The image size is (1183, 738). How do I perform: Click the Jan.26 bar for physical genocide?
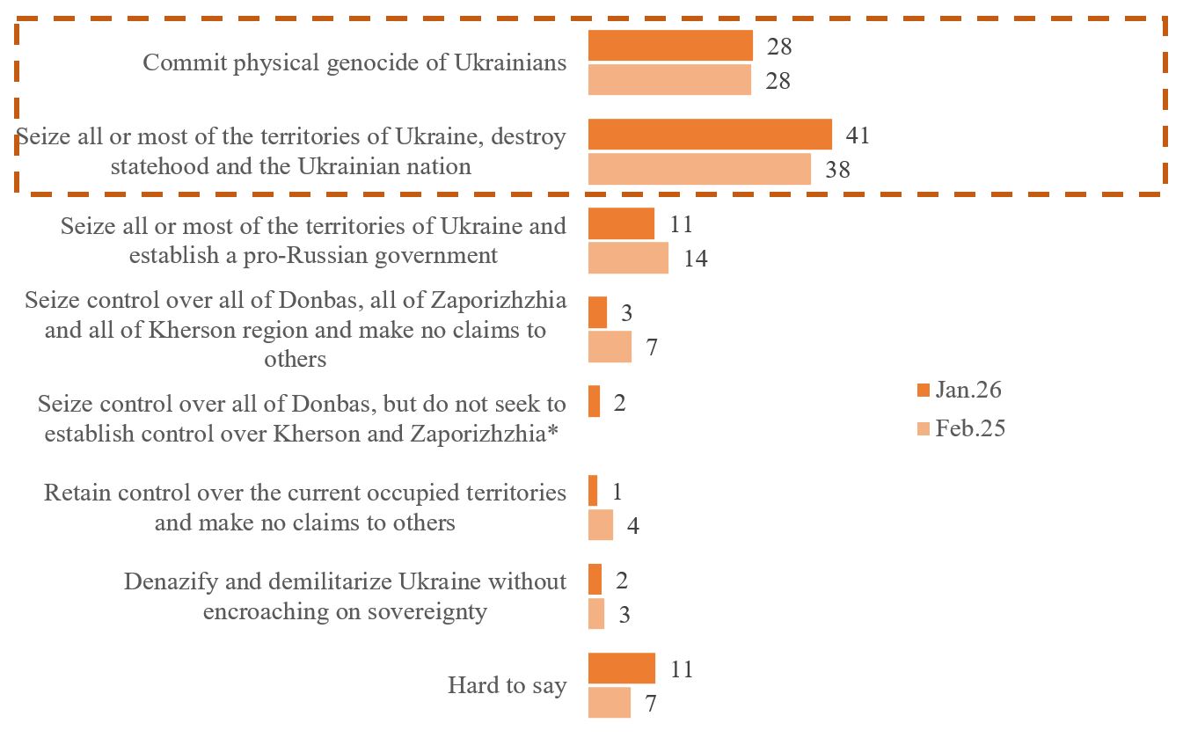670,46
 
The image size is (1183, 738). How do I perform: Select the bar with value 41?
710,135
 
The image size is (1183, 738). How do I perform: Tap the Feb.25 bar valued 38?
699,169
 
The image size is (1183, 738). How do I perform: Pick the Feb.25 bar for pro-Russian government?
628,259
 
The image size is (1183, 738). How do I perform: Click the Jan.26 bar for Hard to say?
621,669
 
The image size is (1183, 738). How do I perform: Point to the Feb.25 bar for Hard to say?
609,703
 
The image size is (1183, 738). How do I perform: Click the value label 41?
858,135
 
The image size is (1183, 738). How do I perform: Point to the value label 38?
837,170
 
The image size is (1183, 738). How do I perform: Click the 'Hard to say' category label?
507,686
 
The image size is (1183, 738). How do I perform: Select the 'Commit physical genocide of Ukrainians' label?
354,63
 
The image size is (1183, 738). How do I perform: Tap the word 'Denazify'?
169,581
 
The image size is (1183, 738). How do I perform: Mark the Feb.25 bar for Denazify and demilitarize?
596,614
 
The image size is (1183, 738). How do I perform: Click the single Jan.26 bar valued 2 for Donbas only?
594,402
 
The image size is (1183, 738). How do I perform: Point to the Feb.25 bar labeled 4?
600,525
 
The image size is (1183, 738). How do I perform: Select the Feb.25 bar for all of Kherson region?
610,347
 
